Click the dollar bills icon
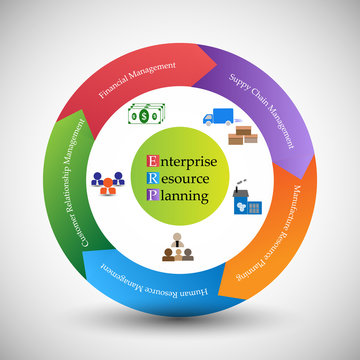pos(146,115)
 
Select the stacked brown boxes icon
pos(243,134)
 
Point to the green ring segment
pos(62,190)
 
